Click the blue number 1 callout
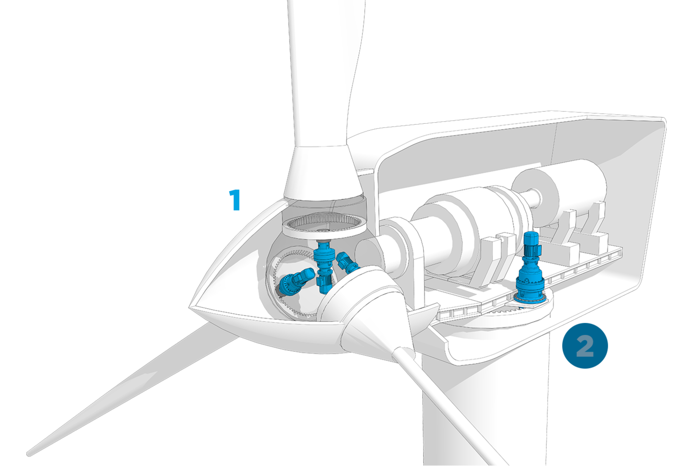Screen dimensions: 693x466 [x=235, y=200]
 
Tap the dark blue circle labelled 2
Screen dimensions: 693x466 [x=585, y=345]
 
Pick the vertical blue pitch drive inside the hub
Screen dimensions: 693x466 [x=324, y=266]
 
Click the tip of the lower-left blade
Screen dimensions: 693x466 [x=29, y=454]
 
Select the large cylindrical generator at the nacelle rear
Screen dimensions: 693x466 [x=558, y=193]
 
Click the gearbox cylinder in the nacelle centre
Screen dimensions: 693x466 [x=470, y=226]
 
